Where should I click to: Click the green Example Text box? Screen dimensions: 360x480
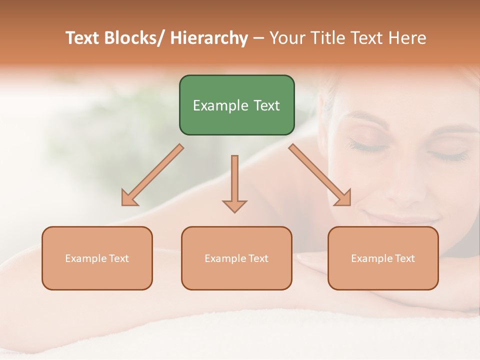pyautogui.click(x=236, y=105)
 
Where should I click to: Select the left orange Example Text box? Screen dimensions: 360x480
pyautogui.click(x=97, y=258)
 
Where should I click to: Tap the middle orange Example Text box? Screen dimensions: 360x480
pyautogui.click(x=236, y=258)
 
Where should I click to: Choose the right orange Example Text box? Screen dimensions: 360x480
pyautogui.click(x=383, y=258)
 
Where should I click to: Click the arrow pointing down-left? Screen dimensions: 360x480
pyautogui.click(x=152, y=175)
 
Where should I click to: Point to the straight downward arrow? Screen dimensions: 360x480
pyautogui.click(x=234, y=182)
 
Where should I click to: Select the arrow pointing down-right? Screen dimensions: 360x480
pyautogui.click(x=320, y=175)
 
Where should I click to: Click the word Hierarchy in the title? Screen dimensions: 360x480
pyautogui.click(x=209, y=38)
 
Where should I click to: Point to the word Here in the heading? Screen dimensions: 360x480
pyautogui.click(x=408, y=38)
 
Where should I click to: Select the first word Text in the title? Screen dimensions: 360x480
pyautogui.click(x=83, y=38)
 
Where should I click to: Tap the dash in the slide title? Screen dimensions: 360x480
pyautogui.click(x=258, y=38)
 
